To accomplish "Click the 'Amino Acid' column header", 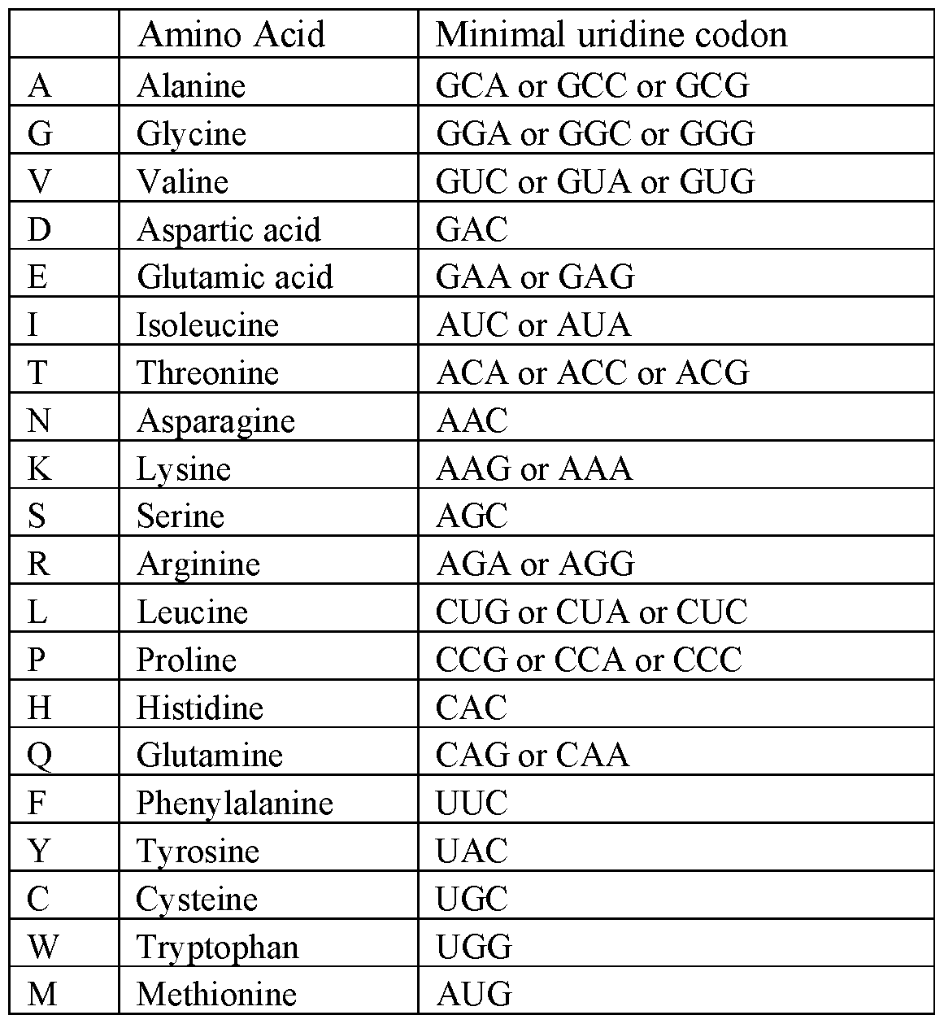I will click(231, 35).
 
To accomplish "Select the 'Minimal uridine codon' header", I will click(611, 35).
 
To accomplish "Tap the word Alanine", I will click(191, 85).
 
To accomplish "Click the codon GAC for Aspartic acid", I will click(472, 229).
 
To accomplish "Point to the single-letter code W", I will click(42, 947).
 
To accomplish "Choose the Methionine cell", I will click(216, 995).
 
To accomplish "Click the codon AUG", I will click(474, 995).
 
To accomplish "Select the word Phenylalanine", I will click(234, 804).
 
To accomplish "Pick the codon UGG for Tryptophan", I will click(474, 947).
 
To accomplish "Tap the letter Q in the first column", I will click(40, 756).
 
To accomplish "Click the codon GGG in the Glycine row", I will click(719, 133).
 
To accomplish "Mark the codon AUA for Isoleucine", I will click(594, 325).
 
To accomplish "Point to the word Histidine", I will click(200, 708).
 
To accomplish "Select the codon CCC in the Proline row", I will click(707, 660).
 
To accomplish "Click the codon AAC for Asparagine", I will click(472, 420).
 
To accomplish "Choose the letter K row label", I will click(40, 468).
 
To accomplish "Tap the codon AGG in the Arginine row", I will click(597, 564).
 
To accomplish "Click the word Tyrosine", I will click(198, 852).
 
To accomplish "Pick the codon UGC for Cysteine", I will click(472, 899).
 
